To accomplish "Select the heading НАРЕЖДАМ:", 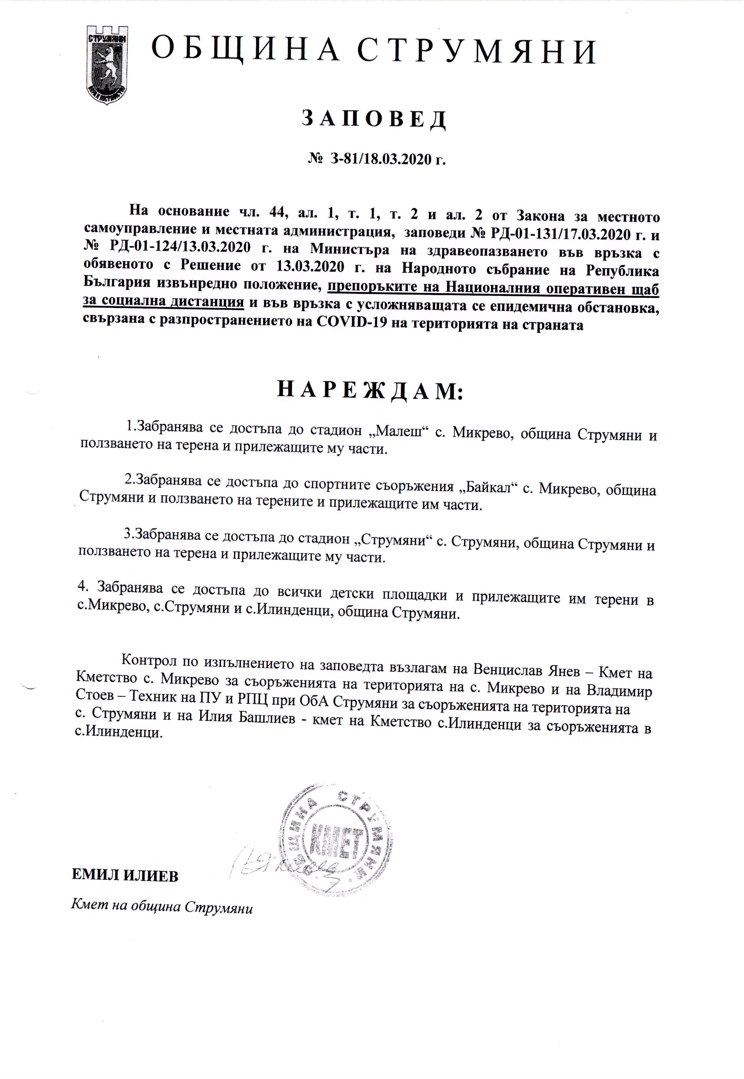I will (370, 390).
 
